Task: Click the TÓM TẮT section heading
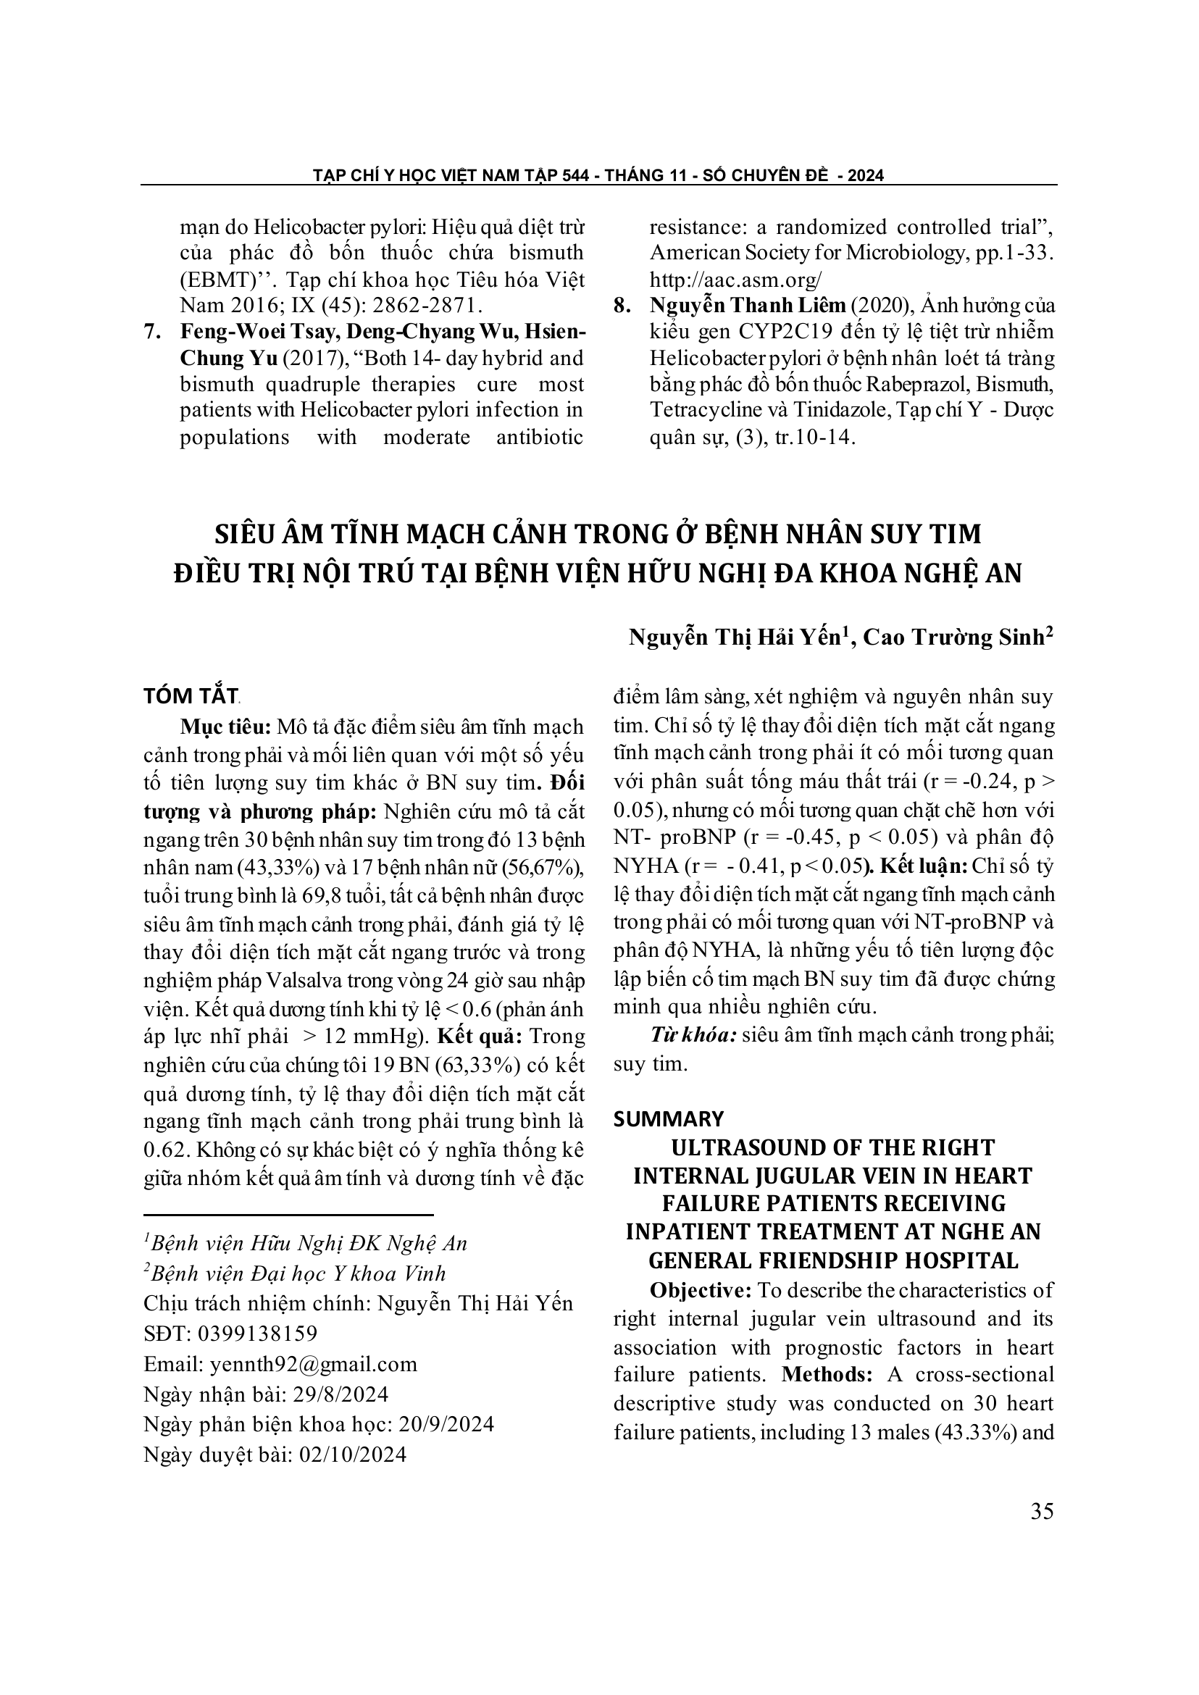[x=191, y=696]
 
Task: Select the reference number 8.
[x=622, y=306]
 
